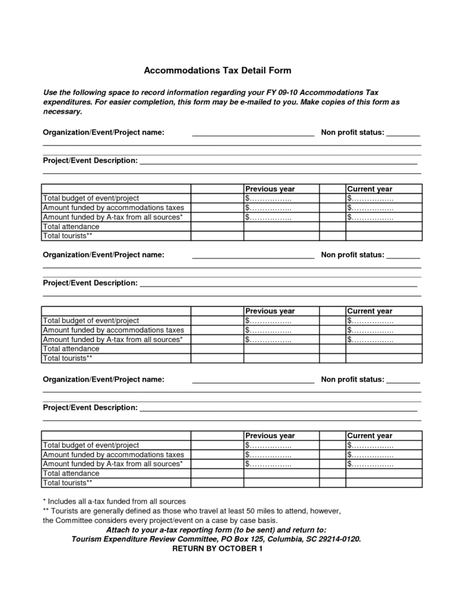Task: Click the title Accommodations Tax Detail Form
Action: pyautogui.click(x=217, y=70)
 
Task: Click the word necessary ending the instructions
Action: pyautogui.click(x=62, y=111)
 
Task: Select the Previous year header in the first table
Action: pyautogui.click(x=270, y=189)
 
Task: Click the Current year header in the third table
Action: pyautogui.click(x=370, y=436)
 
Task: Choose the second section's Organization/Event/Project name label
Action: pyautogui.click(x=103, y=255)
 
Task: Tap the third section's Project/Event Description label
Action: pyautogui.click(x=90, y=408)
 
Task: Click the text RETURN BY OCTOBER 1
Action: pyautogui.click(x=217, y=549)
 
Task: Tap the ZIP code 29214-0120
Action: pyautogui.click(x=337, y=539)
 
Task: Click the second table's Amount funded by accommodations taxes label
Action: pyautogui.click(x=114, y=330)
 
